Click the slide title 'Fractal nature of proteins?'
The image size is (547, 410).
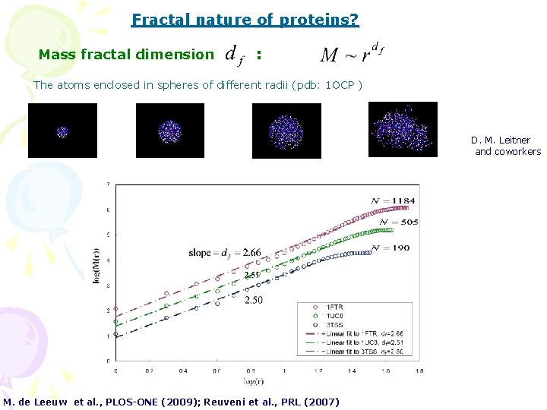point(245,20)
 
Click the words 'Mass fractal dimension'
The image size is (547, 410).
point(126,55)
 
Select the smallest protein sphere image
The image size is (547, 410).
point(62,131)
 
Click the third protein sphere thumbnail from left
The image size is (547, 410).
point(286,131)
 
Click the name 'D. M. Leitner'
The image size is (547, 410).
point(500,140)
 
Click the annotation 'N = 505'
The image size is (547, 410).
point(399,222)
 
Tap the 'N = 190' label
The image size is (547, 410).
point(391,248)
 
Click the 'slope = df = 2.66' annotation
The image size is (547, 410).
point(225,252)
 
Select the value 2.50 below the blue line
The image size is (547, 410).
point(255,301)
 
